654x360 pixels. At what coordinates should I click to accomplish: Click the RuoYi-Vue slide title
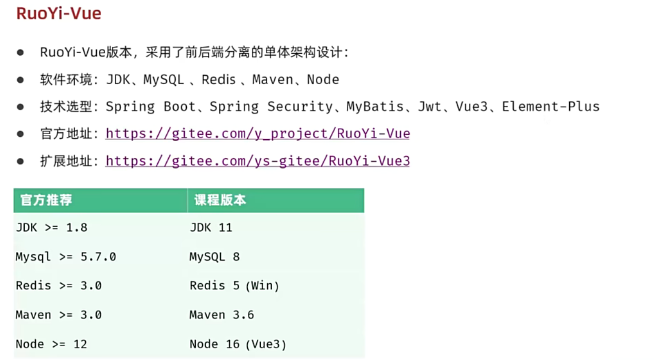[58, 13]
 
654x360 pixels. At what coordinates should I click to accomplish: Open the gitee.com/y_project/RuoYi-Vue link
[257, 134]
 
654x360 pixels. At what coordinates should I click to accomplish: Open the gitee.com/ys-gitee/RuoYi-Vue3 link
[257, 161]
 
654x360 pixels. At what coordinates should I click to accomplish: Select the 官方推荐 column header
[46, 201]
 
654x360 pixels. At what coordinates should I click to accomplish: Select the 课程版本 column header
[220, 201]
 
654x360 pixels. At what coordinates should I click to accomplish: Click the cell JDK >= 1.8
[52, 228]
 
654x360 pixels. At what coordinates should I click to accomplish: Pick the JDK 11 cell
[211, 228]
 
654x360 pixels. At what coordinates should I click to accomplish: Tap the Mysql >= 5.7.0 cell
[66, 257]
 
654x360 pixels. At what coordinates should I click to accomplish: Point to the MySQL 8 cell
[215, 257]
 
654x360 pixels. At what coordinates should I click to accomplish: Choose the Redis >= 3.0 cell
[58, 286]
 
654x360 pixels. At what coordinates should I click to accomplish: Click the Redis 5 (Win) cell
[234, 286]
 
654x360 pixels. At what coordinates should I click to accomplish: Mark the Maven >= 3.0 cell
[58, 315]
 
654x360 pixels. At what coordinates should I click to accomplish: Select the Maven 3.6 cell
[222, 315]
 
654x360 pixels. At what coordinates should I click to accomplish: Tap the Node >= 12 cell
[51, 344]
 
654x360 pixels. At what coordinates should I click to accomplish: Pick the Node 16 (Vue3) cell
[238, 344]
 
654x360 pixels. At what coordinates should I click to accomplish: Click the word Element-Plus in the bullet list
[550, 106]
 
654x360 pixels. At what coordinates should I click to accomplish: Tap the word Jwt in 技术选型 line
[430, 106]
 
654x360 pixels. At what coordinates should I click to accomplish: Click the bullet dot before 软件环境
[21, 79]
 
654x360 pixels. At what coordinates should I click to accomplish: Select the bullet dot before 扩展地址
[21, 161]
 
